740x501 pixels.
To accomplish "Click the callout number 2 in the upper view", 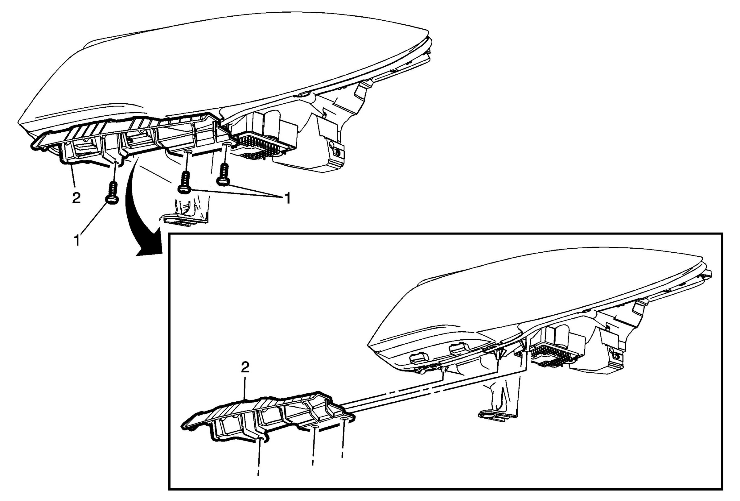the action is [76, 198].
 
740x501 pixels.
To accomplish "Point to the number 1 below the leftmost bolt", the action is [77, 240].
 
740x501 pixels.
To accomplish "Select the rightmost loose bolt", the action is [224, 175].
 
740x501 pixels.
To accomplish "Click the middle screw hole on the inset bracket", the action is [315, 426].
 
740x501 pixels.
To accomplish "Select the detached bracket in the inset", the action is [267, 414].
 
